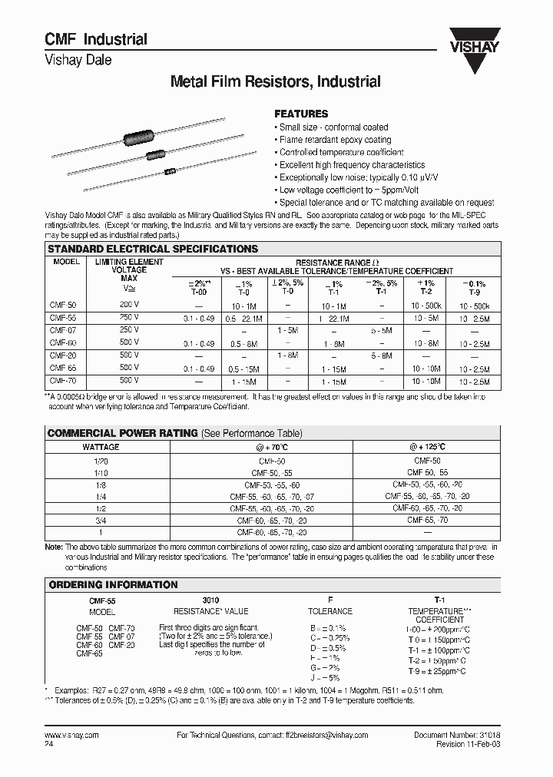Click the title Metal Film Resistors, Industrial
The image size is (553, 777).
275,81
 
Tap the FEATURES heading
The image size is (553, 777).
301,113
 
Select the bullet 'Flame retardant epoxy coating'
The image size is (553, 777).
335,140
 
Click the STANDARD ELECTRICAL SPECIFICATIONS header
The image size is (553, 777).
153,250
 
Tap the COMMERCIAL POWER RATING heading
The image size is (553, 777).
123,433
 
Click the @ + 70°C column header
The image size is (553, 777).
272,446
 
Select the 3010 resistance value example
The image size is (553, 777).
210,600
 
